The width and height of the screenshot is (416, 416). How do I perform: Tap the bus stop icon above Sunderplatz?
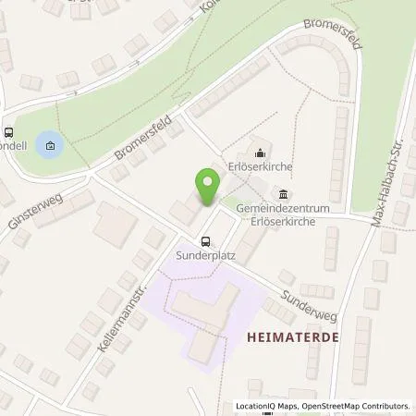coord(204,240)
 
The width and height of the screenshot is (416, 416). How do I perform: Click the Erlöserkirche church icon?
coord(260,153)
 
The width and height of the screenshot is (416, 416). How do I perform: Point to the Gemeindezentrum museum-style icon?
coord(282,193)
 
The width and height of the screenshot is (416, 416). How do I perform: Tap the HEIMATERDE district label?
coord(292,338)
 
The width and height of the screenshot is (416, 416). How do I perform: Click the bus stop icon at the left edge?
coord(8,133)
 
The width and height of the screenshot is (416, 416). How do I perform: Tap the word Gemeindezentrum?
coord(281,210)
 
